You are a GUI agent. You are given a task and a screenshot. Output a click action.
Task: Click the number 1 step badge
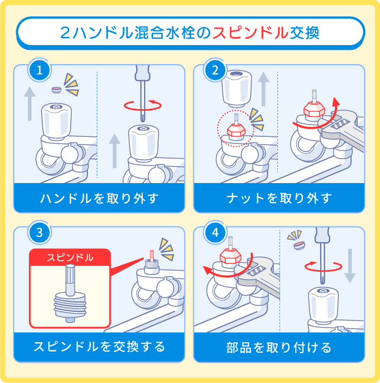[39, 70]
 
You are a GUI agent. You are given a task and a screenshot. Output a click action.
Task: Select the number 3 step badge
[39, 233]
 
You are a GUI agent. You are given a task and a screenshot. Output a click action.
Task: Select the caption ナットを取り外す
[279, 198]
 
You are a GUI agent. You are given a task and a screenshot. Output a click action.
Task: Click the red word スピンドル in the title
[250, 33]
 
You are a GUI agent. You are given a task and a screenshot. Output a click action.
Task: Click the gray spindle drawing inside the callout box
[69, 296]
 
